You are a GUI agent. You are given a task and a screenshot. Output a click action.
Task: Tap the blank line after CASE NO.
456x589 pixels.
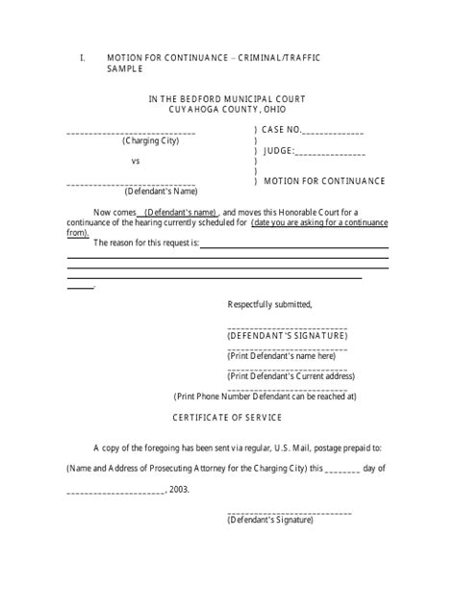pyautogui.click(x=334, y=132)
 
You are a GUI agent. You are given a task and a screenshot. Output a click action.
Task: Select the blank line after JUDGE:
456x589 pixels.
pyautogui.click(x=330, y=152)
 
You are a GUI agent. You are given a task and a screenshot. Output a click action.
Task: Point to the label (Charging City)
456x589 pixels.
pyautogui.click(x=149, y=141)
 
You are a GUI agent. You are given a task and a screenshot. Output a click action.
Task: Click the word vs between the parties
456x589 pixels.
pyautogui.click(x=136, y=161)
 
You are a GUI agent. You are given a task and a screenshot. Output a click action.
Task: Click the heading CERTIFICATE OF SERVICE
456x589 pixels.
pyautogui.click(x=228, y=418)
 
